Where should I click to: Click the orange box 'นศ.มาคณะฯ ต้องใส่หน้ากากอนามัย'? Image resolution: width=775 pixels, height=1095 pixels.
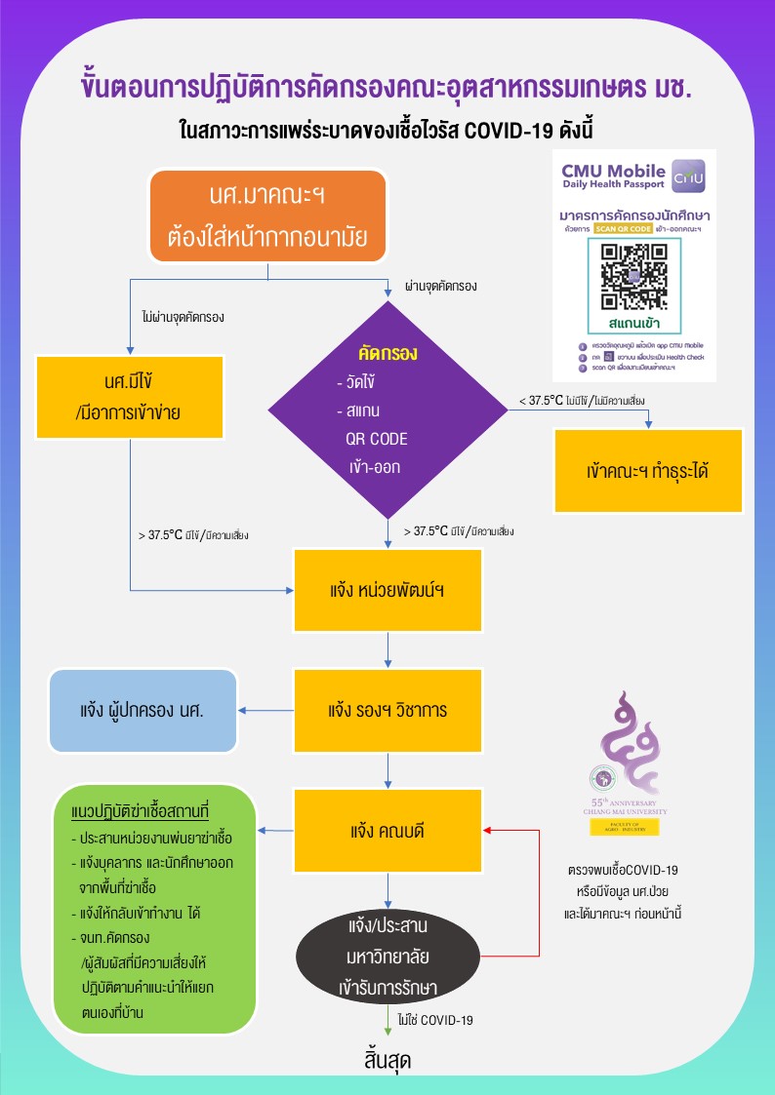coord(267,216)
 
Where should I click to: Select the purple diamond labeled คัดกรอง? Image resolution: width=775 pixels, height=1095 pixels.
coord(388,410)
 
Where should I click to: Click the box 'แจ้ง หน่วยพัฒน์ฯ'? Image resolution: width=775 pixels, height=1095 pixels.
coord(388,590)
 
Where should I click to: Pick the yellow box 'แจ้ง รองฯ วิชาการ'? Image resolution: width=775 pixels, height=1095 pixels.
coord(388,710)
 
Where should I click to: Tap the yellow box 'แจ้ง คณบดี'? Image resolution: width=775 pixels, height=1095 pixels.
coord(388,832)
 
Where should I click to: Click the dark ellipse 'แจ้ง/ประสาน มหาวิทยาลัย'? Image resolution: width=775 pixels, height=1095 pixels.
coord(388,955)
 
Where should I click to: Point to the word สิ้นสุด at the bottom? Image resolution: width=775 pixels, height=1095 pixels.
coord(387,1061)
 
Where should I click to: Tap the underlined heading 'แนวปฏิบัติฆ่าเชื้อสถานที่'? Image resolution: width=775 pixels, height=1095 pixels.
coord(142,812)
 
